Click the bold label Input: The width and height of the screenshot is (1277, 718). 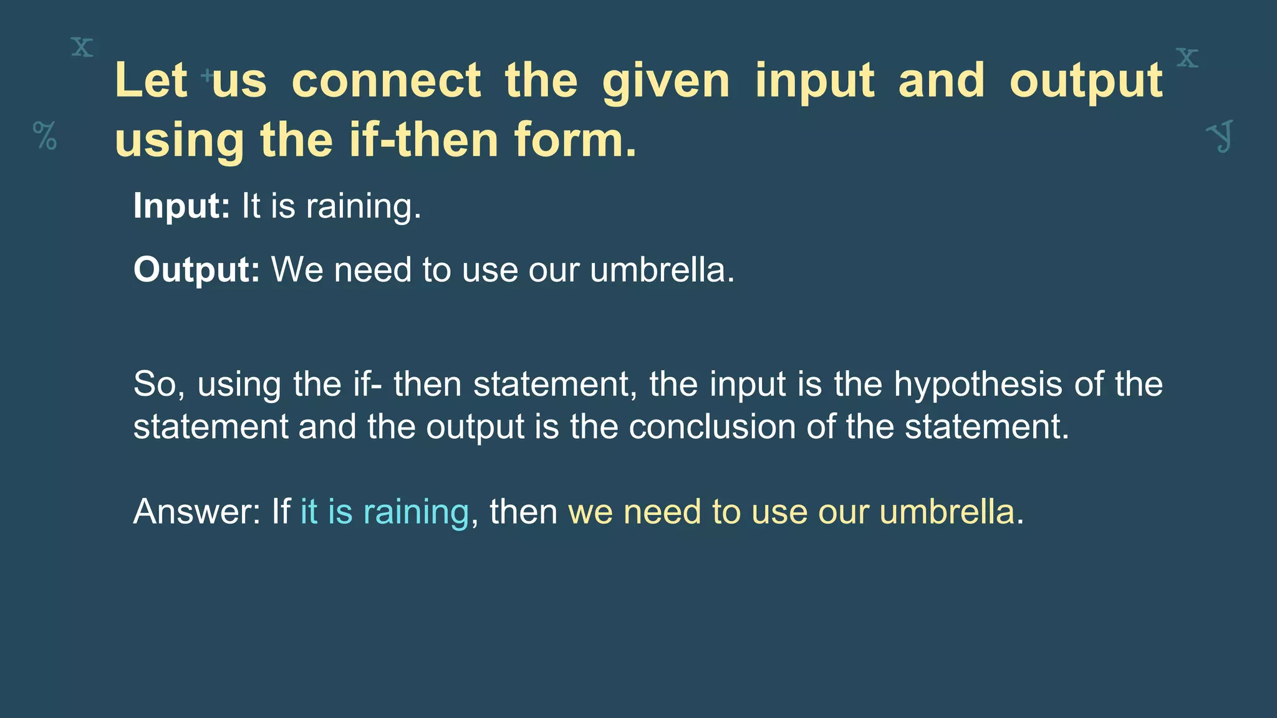(181, 206)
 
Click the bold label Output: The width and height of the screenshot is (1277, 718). (196, 270)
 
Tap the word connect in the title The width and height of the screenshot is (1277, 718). (386, 80)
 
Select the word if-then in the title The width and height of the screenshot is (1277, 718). (423, 140)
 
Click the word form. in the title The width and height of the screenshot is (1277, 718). (576, 140)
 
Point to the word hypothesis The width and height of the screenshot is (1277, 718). (978, 384)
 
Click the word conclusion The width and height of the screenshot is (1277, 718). (712, 427)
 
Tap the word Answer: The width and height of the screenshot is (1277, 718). (196, 512)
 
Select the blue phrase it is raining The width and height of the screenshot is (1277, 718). (384, 512)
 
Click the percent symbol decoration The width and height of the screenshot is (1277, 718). (45, 135)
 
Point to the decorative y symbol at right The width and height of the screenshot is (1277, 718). (1220, 136)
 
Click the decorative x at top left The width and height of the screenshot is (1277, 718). (82, 47)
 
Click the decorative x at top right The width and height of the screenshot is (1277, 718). (1187, 58)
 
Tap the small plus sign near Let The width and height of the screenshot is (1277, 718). (207, 77)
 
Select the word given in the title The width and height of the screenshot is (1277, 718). (666, 80)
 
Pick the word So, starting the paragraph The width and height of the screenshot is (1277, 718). (159, 384)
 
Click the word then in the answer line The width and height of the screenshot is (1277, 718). (523, 512)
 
